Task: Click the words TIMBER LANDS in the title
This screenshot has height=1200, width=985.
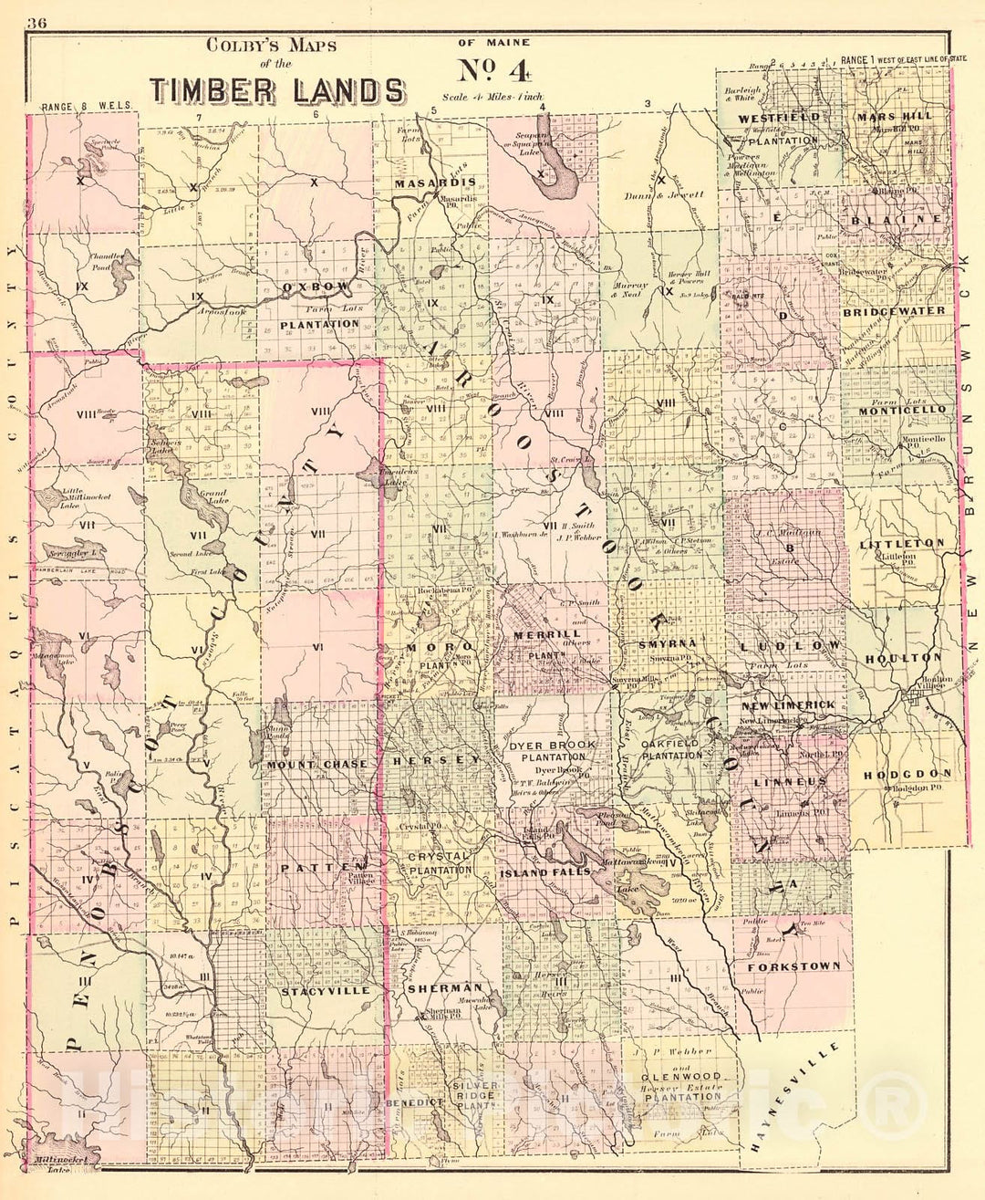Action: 278,91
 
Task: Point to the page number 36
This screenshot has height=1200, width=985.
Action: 37,24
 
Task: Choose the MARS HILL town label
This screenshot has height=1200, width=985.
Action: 895,117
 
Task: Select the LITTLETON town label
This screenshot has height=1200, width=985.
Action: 901,543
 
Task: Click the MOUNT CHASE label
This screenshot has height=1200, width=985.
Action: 316,764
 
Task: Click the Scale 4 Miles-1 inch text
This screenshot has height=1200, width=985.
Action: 493,96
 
